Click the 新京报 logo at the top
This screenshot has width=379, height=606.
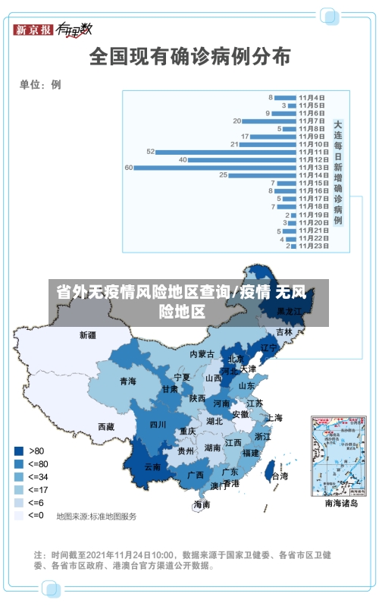(33, 30)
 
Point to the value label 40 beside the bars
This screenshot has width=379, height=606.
(183, 159)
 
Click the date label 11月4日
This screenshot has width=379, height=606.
(312, 97)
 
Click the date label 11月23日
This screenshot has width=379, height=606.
(312, 246)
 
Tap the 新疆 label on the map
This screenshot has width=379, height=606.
(88, 334)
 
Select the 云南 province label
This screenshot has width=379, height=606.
(152, 467)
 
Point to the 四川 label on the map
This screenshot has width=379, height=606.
(157, 425)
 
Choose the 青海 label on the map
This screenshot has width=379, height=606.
(127, 381)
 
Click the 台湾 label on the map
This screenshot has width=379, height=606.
(280, 476)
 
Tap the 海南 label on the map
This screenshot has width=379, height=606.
(202, 504)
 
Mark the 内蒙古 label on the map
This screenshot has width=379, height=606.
(202, 354)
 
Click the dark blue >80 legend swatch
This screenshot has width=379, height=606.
(18, 450)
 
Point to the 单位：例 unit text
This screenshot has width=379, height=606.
(40, 84)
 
